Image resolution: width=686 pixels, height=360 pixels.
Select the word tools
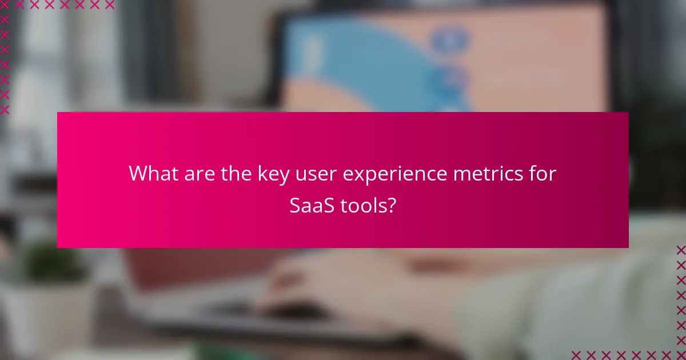(x=364, y=206)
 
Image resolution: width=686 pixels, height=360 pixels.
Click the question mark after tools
(x=390, y=206)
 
